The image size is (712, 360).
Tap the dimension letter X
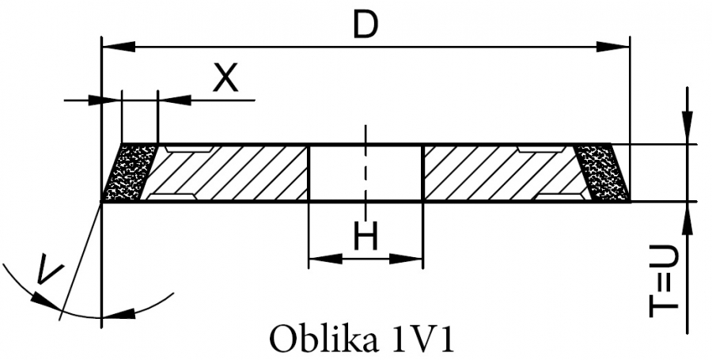pos(225,77)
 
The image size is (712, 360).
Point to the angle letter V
pos(49,269)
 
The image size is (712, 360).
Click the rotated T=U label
pos(663,282)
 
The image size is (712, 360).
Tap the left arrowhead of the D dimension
pos(119,47)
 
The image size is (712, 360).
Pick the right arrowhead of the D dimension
pos(612,47)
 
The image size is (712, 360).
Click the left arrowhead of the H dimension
pos(325,259)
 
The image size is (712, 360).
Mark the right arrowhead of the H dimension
pos(406,259)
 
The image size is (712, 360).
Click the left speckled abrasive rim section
pos(130,172)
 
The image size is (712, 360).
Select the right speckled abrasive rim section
pos(602,172)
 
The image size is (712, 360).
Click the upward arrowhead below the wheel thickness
pos(688,218)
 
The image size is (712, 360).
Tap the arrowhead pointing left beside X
pos(174,100)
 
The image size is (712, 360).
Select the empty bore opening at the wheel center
pos(365,172)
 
